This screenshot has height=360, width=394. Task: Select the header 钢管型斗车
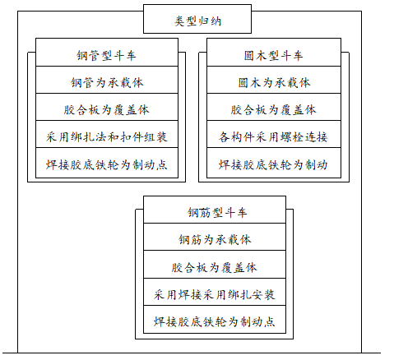(106, 56)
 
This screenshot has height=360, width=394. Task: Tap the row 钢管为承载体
(106, 83)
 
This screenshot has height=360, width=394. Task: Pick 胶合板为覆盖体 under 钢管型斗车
(106, 109)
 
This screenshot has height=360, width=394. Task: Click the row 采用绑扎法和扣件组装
(106, 136)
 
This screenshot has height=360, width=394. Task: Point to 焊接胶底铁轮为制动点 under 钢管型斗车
(106, 164)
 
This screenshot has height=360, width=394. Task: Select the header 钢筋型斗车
(216, 213)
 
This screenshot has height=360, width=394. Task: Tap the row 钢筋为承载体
(216, 240)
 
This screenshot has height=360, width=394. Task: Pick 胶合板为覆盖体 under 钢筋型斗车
(216, 267)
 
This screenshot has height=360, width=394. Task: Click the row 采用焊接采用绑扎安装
(216, 293)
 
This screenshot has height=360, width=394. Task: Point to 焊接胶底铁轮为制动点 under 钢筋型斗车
(216, 320)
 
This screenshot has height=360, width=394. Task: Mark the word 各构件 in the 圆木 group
(236, 136)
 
